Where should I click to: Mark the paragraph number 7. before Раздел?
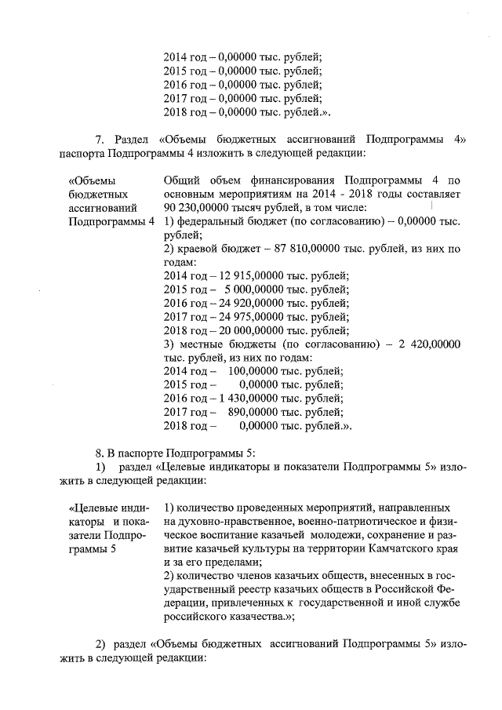[x=99, y=139]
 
